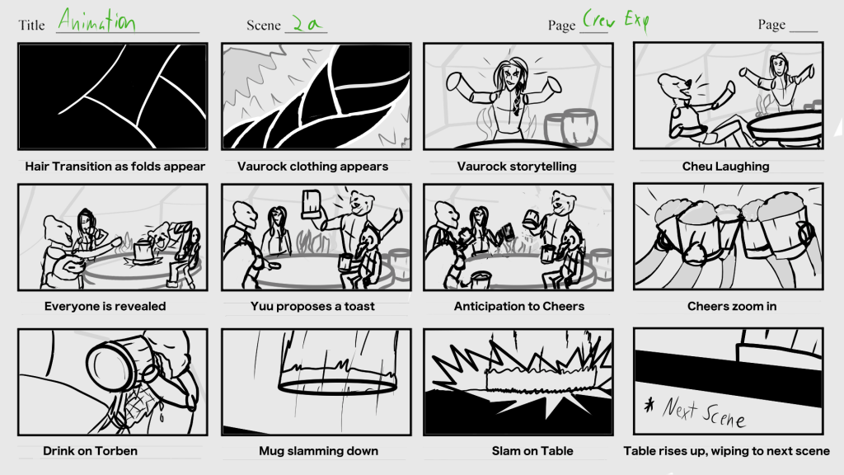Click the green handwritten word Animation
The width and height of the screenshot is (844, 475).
[96, 21]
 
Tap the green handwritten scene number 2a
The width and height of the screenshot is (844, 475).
[307, 23]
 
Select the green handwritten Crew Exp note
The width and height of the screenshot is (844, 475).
[616, 21]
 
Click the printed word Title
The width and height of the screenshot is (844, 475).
[31, 26]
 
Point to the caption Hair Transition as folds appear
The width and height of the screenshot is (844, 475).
[115, 167]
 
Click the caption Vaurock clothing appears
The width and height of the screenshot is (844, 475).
[312, 167]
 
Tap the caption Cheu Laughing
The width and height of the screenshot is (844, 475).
[725, 167]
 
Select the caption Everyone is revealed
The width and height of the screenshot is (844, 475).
[105, 307]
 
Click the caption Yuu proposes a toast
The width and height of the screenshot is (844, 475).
[312, 307]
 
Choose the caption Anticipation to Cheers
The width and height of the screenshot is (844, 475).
[519, 307]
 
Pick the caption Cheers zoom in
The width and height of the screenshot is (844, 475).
[732, 307]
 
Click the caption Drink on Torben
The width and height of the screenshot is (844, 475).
[90, 451]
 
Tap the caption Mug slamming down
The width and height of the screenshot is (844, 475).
[318, 451]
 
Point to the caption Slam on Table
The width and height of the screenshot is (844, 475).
[532, 451]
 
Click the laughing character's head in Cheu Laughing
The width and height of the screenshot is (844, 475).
[677, 87]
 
